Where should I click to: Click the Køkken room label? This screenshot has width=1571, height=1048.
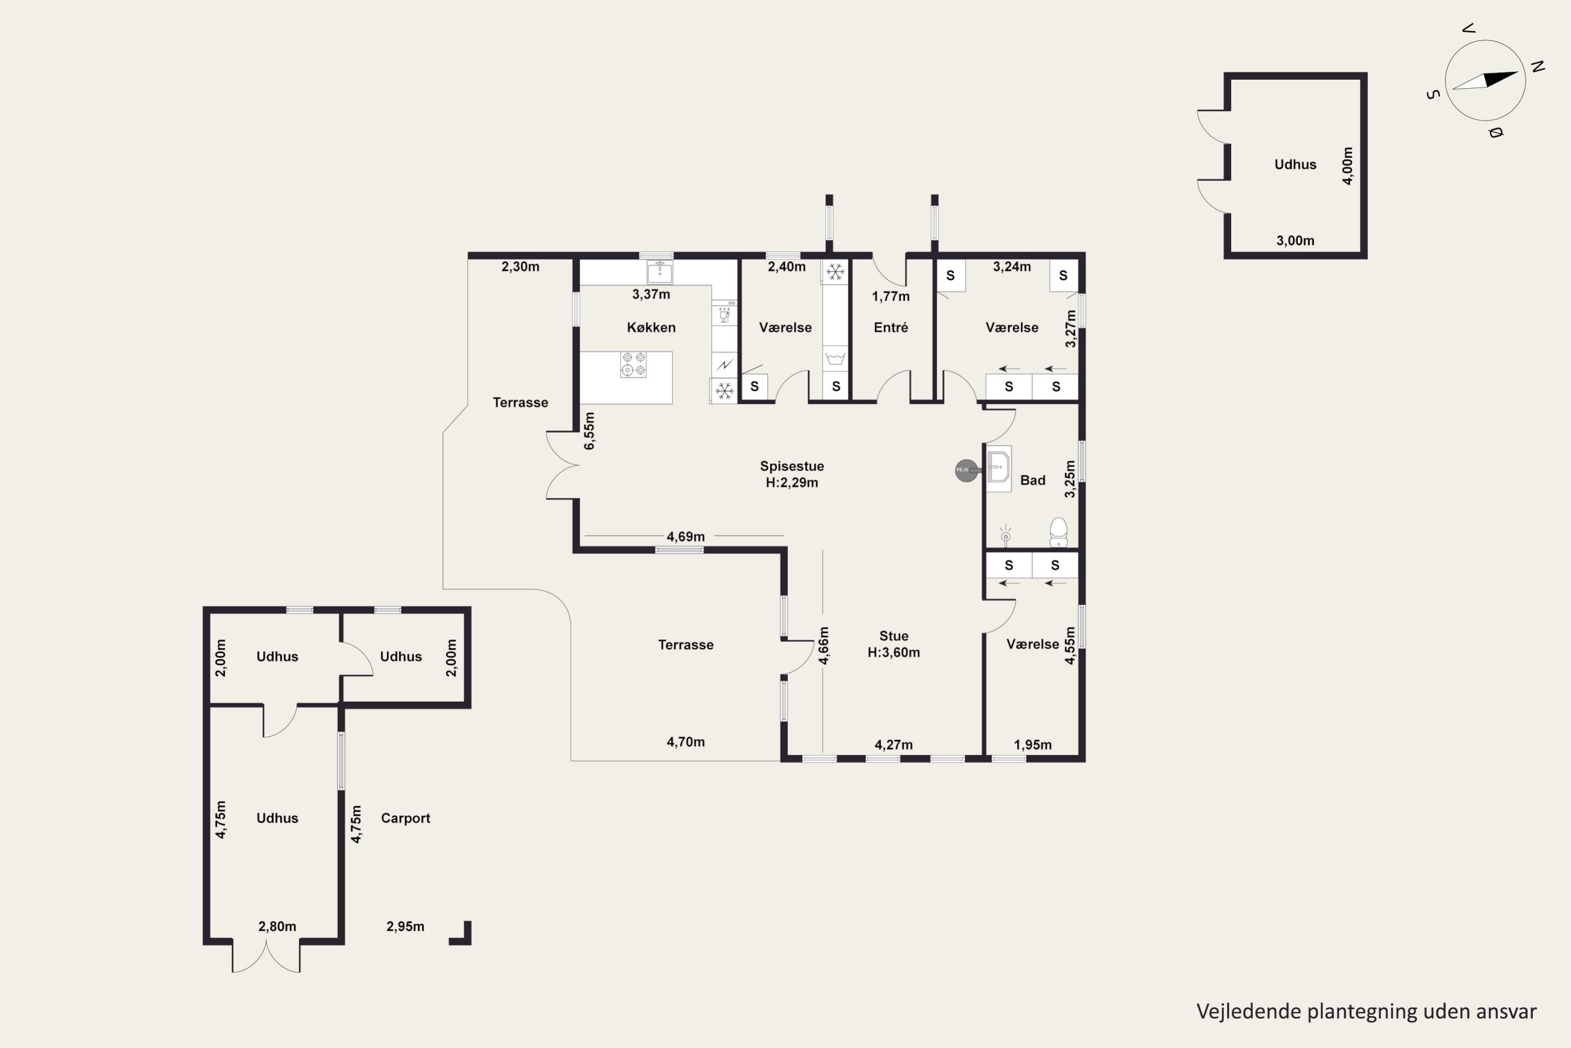click(651, 327)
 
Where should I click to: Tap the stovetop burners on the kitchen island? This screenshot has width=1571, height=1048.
click(633, 364)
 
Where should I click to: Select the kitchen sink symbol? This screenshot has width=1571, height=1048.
click(660, 272)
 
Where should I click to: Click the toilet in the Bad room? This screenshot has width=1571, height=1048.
click(1059, 532)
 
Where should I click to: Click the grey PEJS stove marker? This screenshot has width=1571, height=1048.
click(966, 471)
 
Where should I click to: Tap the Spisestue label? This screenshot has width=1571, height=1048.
click(792, 466)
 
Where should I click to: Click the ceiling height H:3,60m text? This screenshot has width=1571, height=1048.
click(894, 652)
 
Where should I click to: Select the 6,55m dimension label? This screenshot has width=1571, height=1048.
click(589, 430)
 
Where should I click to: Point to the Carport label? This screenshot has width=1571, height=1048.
click(405, 818)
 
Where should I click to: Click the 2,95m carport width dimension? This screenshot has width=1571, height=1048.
click(405, 926)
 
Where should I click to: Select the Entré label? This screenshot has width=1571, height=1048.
click(891, 327)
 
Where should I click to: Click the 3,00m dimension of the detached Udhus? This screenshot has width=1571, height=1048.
click(1295, 241)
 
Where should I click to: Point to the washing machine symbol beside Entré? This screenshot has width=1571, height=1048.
click(835, 359)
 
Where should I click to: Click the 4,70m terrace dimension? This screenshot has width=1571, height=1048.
click(686, 742)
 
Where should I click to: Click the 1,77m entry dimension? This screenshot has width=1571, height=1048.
click(891, 296)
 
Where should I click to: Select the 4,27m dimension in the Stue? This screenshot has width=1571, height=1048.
click(894, 745)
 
